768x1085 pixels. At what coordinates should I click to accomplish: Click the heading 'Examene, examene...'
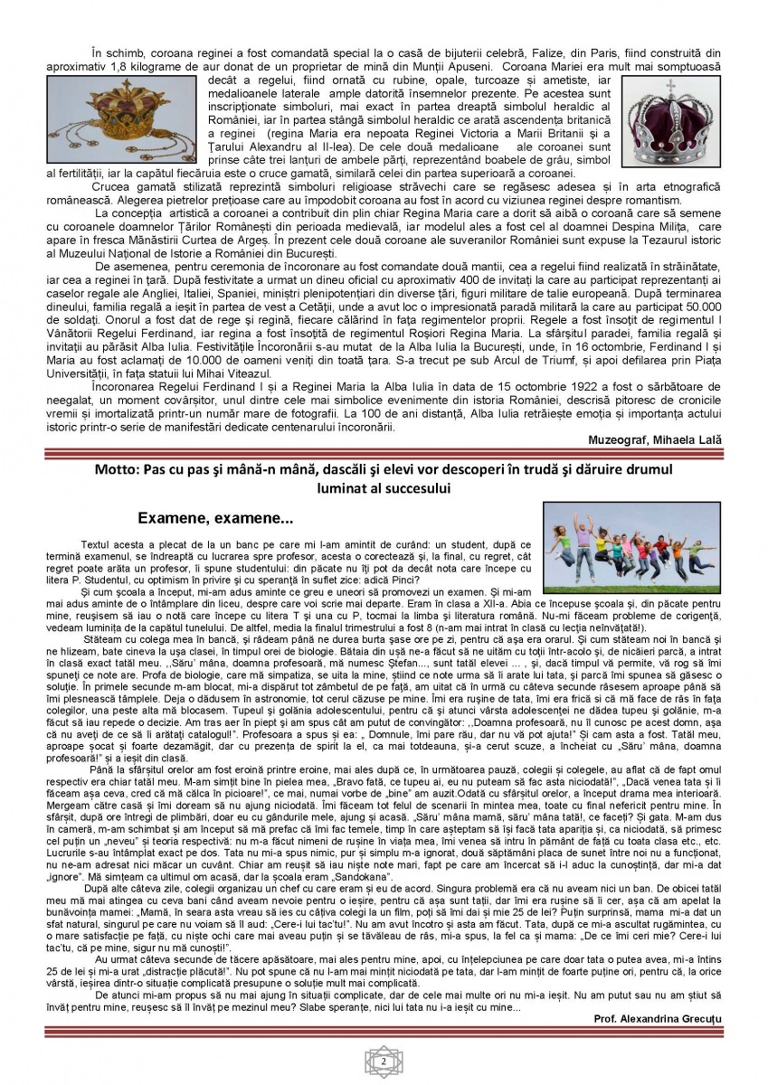click(215, 518)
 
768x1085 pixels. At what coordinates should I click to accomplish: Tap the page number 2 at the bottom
click(384, 1060)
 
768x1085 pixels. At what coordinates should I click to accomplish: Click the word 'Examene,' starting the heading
click(177, 518)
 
